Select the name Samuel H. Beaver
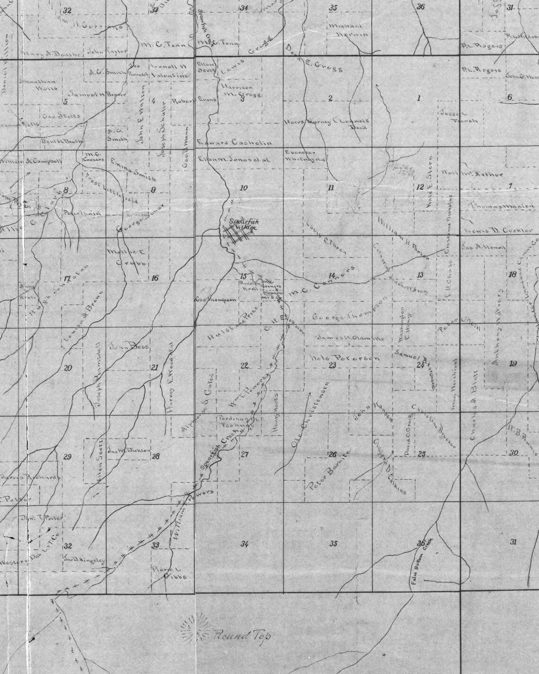[98, 94]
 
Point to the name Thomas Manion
[502, 206]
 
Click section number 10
[243, 188]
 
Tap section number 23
[332, 365]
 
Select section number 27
[244, 455]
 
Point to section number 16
[155, 278]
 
